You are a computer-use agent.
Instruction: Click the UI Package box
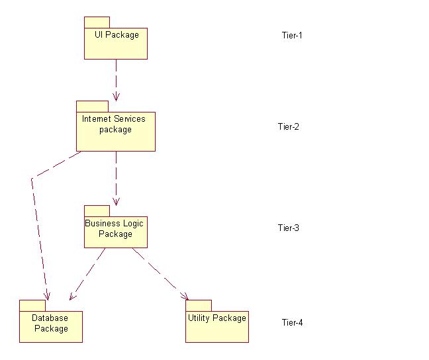116,43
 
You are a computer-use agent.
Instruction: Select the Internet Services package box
116,132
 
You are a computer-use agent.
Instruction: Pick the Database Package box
51,326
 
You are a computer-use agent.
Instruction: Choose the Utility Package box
216,326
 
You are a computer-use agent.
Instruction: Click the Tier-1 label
291,35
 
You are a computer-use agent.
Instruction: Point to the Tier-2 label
289,126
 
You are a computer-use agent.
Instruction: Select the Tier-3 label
289,228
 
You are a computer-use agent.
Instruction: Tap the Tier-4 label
292,323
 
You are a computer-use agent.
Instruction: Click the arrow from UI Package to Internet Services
116,79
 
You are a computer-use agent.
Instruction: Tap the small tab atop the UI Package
97,22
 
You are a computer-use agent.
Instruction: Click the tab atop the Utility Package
198,305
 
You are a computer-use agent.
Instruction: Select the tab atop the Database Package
32,305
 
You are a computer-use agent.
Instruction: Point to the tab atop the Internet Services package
92,107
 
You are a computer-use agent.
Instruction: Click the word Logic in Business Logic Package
133,224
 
